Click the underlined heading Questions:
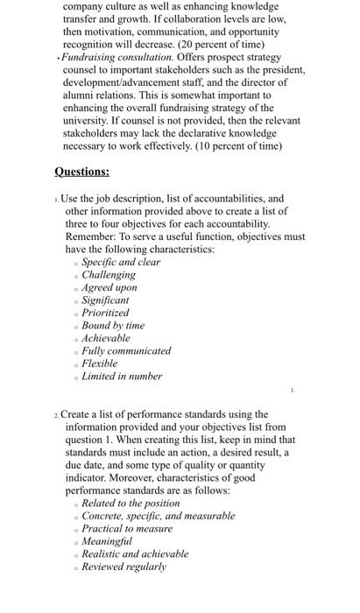point(81,172)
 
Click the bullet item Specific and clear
point(121,262)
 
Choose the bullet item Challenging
point(109,274)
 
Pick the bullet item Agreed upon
point(109,287)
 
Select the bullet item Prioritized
point(105,313)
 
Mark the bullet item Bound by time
point(113,325)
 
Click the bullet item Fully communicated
point(126,350)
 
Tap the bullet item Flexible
point(100,363)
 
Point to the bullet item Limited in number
point(122,376)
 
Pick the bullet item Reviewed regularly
point(124,567)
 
